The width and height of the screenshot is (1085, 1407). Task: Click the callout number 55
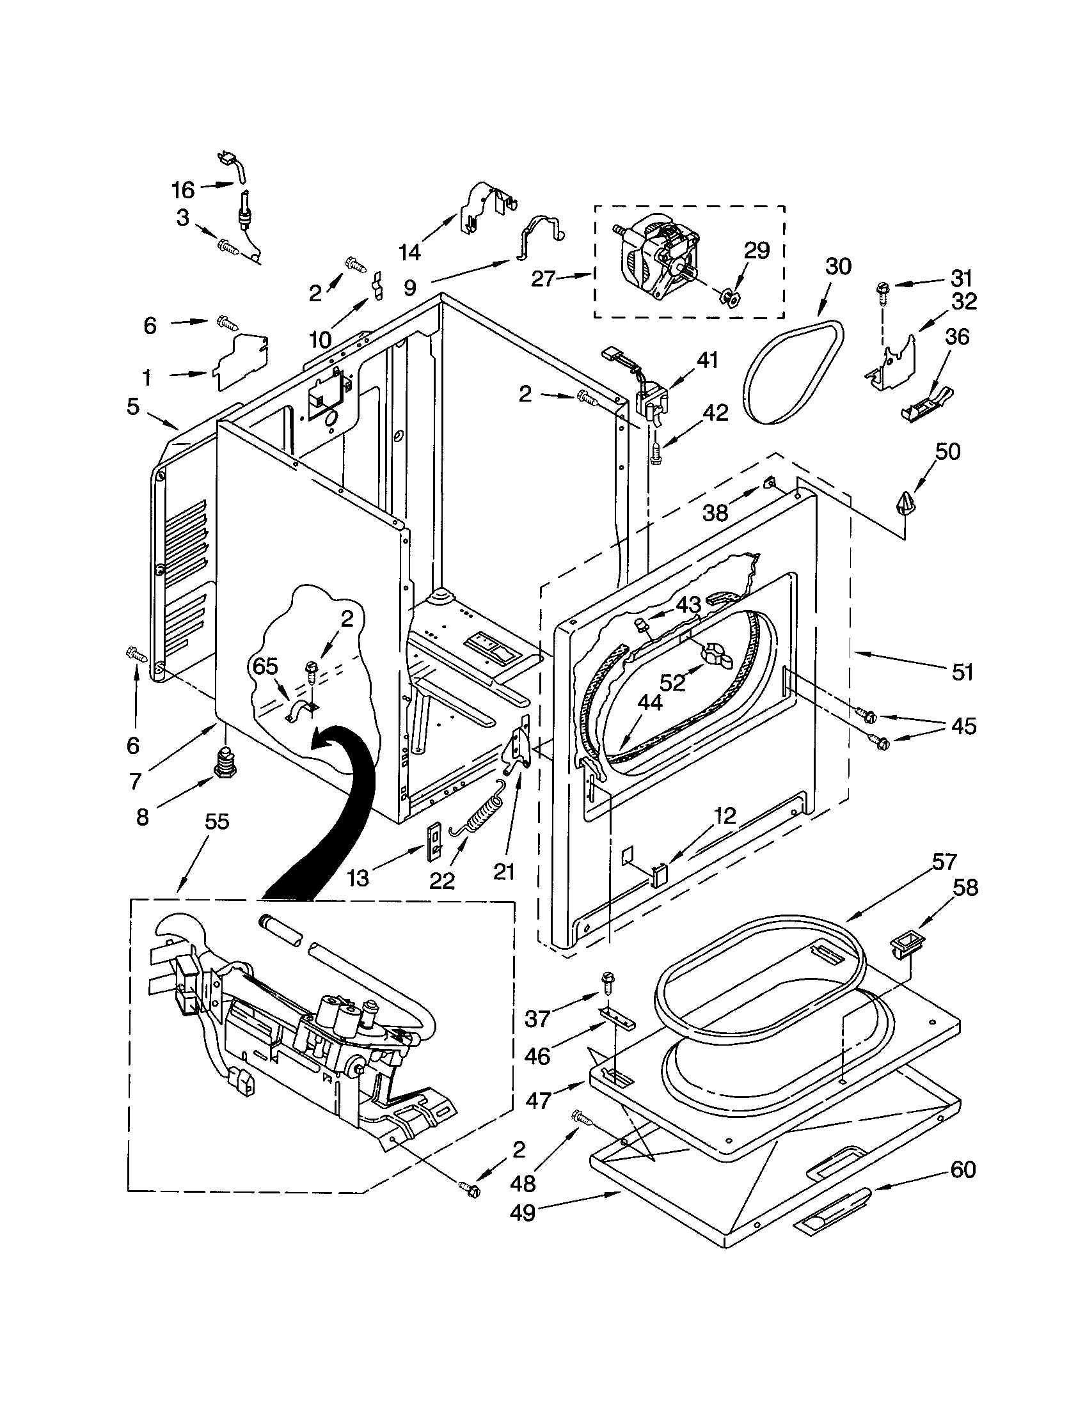[x=217, y=821]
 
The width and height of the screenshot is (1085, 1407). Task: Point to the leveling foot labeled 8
[x=224, y=763]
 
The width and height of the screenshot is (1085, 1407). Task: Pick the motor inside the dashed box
[x=660, y=259]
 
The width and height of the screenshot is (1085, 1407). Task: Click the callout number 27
[x=544, y=278]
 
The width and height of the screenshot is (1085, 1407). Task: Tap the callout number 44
[x=649, y=703]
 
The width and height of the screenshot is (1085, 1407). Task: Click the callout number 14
[x=410, y=252]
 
